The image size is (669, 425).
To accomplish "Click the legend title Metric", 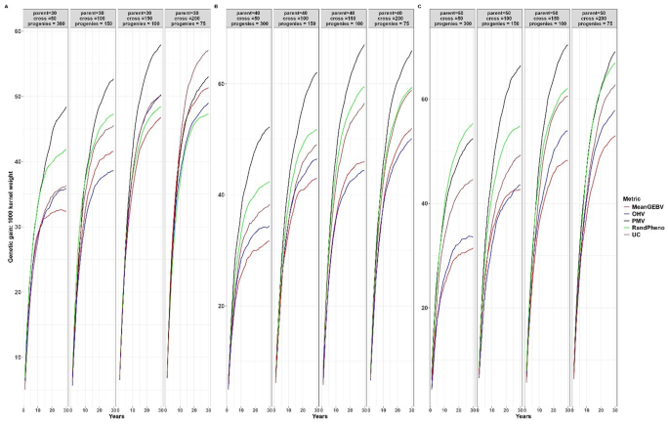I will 635,197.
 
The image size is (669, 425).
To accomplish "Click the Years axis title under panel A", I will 118,418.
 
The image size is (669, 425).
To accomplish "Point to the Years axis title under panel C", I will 523,418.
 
